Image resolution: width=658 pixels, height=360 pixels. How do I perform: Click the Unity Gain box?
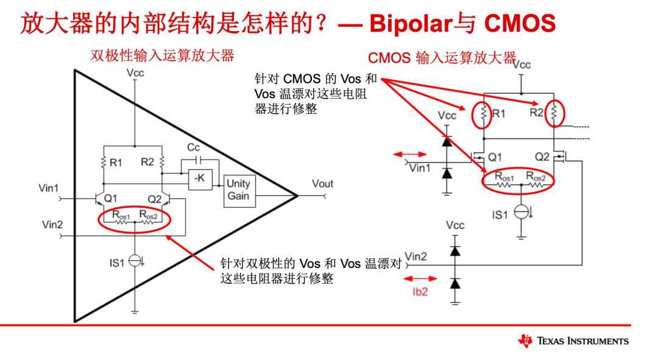click(238, 189)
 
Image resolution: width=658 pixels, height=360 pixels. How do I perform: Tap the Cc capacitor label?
click(193, 147)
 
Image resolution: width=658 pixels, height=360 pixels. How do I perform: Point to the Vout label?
click(322, 183)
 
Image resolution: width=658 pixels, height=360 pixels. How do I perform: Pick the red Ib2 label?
click(420, 292)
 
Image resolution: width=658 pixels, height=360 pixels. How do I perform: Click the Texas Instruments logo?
click(573, 341)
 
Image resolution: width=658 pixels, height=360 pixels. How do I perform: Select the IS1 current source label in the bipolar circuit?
click(116, 263)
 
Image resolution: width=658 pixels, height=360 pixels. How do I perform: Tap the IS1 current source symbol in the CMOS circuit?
click(521, 212)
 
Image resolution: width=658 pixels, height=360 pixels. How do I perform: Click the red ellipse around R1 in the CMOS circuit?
click(483, 113)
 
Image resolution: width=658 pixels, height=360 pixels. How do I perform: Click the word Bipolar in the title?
click(410, 23)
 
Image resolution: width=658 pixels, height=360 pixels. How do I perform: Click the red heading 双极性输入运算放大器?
click(162, 55)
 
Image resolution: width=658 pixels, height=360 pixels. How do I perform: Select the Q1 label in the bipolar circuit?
click(110, 199)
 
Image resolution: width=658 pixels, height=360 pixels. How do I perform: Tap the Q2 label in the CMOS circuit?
click(542, 157)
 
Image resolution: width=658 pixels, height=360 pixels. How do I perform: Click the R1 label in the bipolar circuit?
click(116, 163)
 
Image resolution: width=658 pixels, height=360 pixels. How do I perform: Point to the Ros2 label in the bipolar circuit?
click(149, 214)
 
